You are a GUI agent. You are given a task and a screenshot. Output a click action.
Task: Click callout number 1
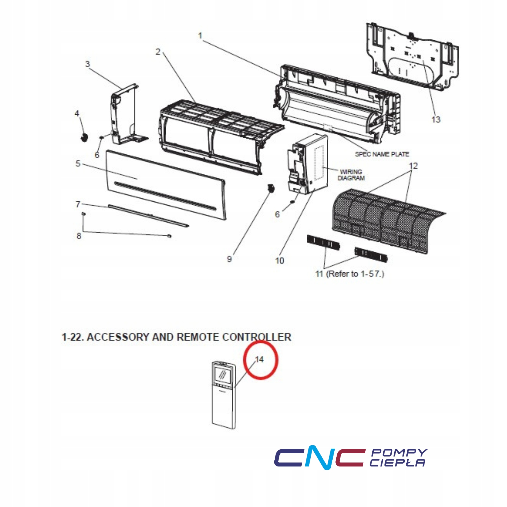(x=200, y=36)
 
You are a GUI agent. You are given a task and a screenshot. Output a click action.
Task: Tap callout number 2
(x=158, y=52)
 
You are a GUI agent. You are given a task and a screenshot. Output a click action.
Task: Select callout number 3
(x=88, y=64)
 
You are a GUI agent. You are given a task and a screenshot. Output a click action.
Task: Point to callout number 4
(x=77, y=114)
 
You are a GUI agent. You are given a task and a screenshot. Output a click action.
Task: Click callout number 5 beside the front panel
(x=78, y=164)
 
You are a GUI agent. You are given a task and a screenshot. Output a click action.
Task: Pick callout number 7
(x=78, y=204)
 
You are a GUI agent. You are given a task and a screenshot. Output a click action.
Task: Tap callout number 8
(x=79, y=236)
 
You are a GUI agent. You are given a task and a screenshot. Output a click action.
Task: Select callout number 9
(x=230, y=259)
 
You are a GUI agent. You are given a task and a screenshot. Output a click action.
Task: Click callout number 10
(x=280, y=261)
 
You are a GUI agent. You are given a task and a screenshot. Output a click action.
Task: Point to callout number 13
(x=436, y=120)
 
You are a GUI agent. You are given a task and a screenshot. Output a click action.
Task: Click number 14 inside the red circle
(x=259, y=359)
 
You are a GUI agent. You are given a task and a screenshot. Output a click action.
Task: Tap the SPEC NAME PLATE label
(x=382, y=154)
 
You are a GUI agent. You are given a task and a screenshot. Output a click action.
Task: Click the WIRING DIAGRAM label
(x=351, y=175)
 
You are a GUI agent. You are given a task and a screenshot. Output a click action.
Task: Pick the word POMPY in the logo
(x=399, y=453)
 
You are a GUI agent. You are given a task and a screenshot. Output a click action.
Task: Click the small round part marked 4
(x=84, y=138)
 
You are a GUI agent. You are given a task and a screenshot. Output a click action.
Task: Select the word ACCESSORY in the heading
(x=118, y=337)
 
